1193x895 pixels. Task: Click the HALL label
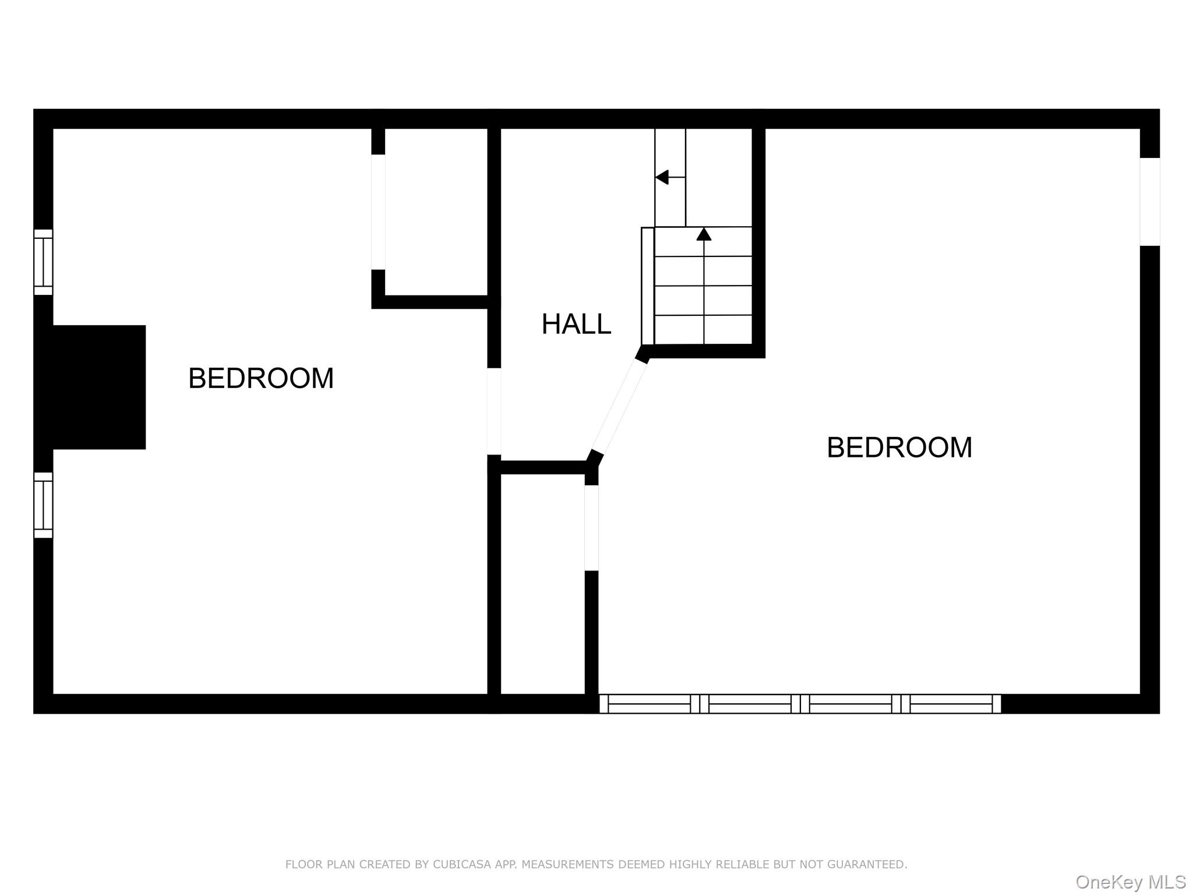[576, 324]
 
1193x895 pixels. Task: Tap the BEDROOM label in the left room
[261, 379]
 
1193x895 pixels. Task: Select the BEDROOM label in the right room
[899, 447]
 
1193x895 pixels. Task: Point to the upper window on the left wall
[43, 262]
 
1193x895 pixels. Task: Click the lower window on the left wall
[43, 505]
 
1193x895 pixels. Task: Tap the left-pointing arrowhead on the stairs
[662, 177]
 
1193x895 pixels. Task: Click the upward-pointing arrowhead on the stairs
[704, 234]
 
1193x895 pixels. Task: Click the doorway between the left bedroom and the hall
[494, 411]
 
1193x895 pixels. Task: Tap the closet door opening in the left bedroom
[378, 212]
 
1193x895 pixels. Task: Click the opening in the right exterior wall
[1149, 202]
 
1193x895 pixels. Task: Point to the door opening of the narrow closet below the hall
[591, 528]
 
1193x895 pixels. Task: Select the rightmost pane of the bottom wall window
[951, 704]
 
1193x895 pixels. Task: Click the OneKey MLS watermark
[1130, 882]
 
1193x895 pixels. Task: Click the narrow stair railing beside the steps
[647, 286]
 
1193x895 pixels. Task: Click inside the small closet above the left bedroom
[436, 212]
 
